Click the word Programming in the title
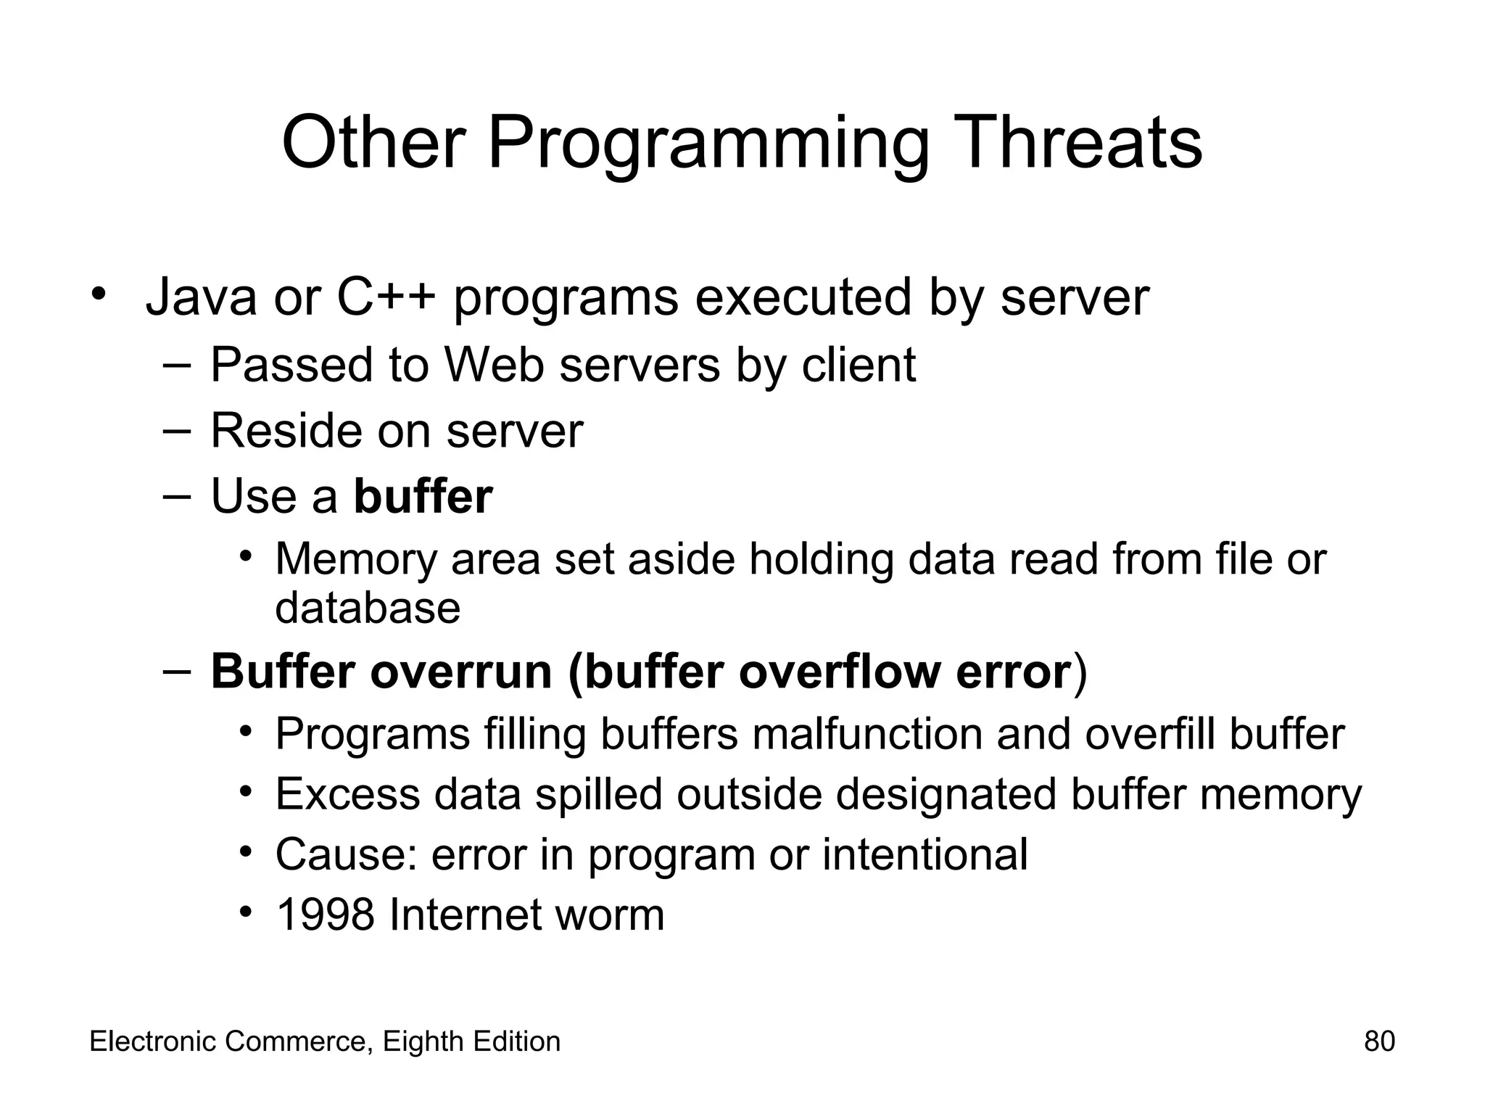pyautogui.click(x=708, y=143)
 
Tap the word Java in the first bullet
pyautogui.click(x=201, y=297)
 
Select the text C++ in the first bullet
pyautogui.click(x=386, y=297)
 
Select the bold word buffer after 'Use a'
pyautogui.click(x=423, y=497)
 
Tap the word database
pyautogui.click(x=368, y=608)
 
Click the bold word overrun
pyautogui.click(x=462, y=672)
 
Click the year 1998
pyautogui.click(x=326, y=915)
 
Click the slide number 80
pyautogui.click(x=1379, y=1041)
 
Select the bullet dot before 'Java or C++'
pyautogui.click(x=99, y=294)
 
